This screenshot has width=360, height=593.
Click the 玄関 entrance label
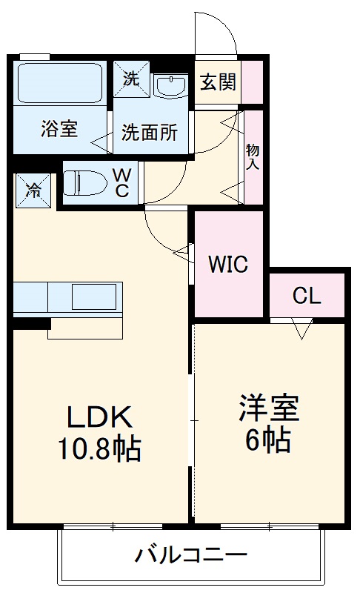218,81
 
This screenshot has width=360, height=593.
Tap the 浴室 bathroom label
59,130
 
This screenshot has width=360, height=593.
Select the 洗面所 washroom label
150,133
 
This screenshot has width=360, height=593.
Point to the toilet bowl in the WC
81,182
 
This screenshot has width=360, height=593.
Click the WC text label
122,182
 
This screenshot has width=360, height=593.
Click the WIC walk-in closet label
227,264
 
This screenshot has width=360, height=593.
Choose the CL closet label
306,296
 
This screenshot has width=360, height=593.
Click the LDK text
100,419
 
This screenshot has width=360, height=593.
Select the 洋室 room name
268,410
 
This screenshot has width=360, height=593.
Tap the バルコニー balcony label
190,555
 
